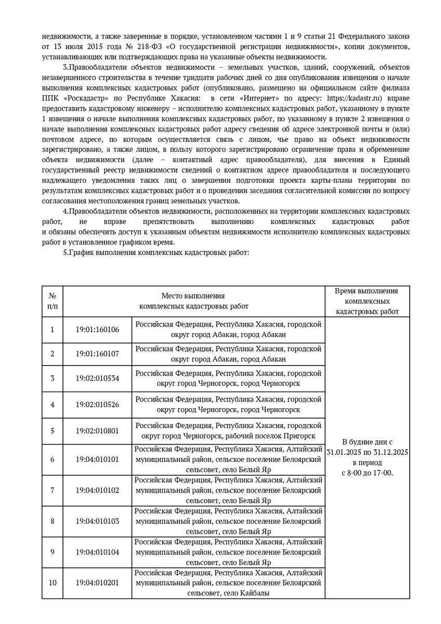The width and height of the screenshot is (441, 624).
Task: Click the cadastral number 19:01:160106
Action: pos(97,330)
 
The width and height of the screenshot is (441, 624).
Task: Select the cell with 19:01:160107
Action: pos(97,354)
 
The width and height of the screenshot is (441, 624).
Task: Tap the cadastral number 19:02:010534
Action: pos(97,378)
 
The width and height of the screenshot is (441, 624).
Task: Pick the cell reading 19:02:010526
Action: pos(97,404)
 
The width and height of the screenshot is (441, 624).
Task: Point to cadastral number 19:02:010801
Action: pos(97,431)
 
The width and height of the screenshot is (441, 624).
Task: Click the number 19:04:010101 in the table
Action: pos(97,460)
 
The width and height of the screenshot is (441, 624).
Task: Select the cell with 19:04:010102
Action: pos(97,490)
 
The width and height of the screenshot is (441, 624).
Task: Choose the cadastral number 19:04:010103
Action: pos(97,521)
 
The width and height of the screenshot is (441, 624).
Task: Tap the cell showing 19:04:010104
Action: pos(97,552)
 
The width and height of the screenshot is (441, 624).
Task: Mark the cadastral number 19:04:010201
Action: pos(97,582)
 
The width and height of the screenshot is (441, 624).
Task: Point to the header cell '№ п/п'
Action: pos(53,301)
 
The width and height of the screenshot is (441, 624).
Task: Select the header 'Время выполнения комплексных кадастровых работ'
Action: pos(367,301)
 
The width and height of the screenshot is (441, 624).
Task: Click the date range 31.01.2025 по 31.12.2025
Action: pos(368,452)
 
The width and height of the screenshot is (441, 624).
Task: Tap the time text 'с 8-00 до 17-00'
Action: pos(367,473)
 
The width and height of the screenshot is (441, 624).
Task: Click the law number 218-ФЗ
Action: pos(154,47)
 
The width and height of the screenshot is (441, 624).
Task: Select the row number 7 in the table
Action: pos(53,490)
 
